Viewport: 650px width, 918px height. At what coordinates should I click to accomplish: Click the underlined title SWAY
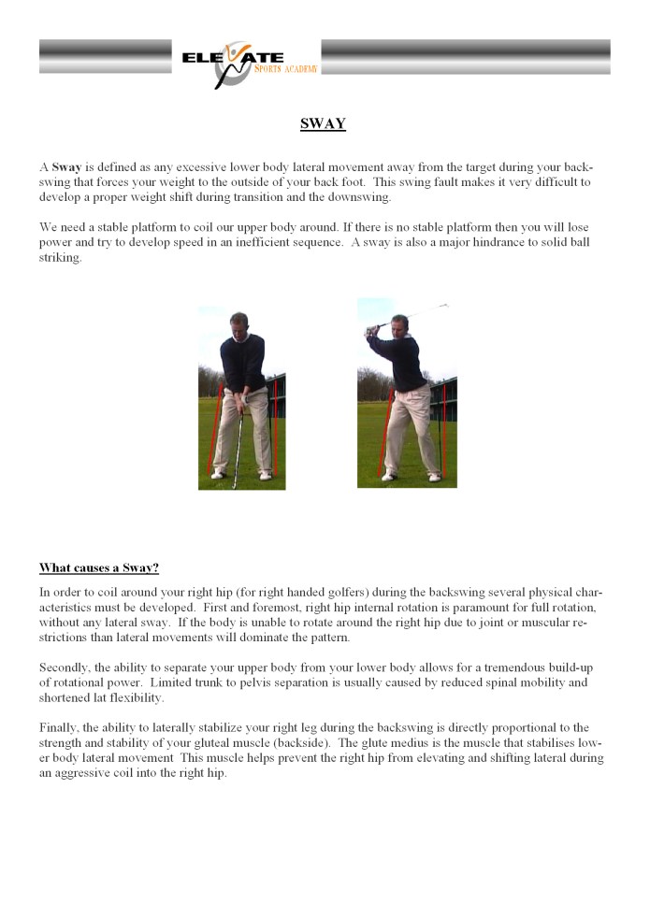(323, 124)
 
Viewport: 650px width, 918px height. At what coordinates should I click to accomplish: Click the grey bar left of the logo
(105, 56)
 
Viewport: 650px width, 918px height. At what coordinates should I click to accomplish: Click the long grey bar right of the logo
(465, 56)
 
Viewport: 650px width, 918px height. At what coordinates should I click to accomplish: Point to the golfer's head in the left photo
(239, 323)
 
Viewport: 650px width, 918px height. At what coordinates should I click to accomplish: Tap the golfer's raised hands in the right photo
(376, 328)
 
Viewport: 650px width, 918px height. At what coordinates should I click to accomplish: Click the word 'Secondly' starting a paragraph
(64, 667)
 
